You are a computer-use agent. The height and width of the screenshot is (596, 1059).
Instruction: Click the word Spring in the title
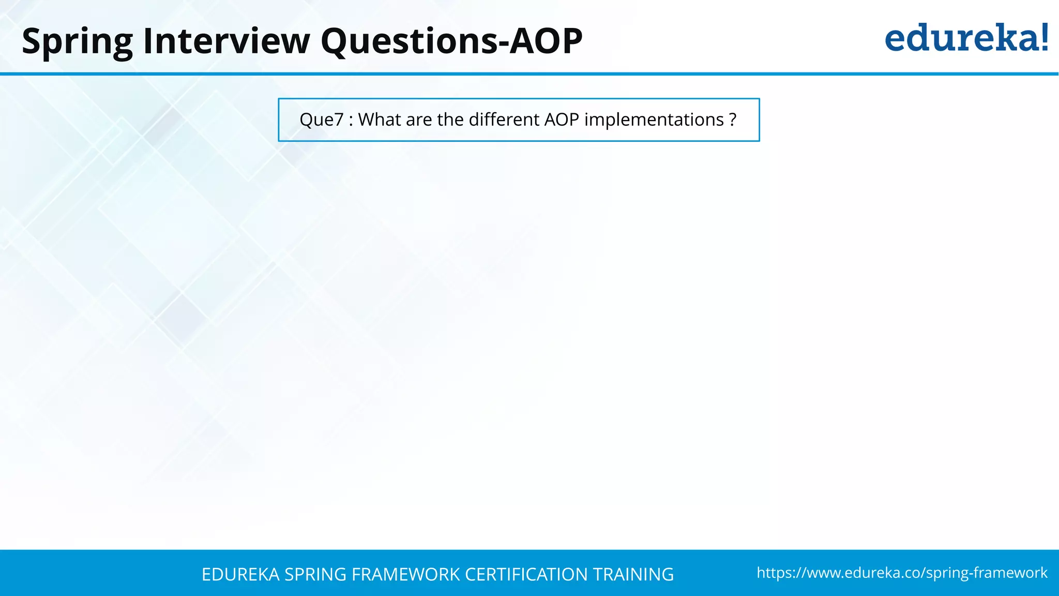pos(77,41)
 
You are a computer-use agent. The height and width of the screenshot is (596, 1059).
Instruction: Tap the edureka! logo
pos(966,38)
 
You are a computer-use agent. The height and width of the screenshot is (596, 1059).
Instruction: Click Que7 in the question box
pos(321,120)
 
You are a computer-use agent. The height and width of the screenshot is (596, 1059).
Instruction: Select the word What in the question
pos(380,120)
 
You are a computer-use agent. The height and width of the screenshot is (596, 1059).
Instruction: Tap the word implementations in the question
pos(654,120)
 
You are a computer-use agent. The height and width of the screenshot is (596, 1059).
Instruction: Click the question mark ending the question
pos(732,120)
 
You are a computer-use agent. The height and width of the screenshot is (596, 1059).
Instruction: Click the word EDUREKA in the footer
pos(240,575)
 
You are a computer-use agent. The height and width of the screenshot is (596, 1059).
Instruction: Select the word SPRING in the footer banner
pos(315,575)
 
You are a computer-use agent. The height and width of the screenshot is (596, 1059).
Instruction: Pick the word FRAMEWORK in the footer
pos(405,575)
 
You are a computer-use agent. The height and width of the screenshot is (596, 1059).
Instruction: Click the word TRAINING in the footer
pos(633,575)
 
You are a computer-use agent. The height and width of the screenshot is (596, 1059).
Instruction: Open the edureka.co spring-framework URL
pos(902,573)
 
